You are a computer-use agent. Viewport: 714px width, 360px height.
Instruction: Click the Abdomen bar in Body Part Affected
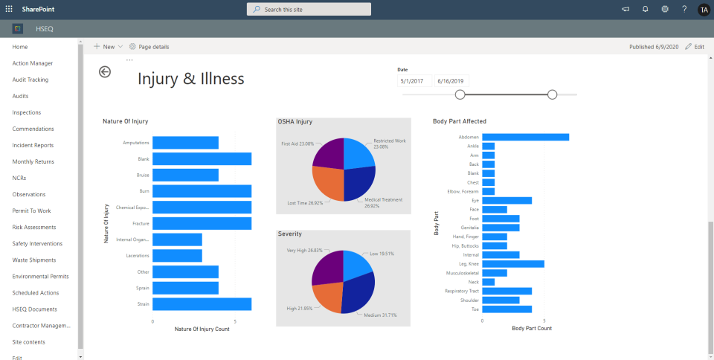point(525,137)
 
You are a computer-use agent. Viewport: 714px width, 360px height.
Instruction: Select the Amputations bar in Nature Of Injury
point(185,143)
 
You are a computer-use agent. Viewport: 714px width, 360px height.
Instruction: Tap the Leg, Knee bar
point(512,263)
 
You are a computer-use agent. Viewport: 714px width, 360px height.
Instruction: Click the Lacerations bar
point(177,256)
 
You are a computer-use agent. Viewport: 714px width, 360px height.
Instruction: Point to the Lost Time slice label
point(305,202)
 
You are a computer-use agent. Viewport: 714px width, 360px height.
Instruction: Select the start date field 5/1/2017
point(414,81)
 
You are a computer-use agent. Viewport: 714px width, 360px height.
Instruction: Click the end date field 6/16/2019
point(451,81)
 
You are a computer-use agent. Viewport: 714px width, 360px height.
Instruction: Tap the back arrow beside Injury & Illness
point(105,71)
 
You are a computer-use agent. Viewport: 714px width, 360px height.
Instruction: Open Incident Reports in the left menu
point(33,145)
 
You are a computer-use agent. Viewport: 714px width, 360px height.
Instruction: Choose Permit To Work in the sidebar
point(31,210)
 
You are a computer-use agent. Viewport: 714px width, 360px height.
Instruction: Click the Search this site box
point(309,9)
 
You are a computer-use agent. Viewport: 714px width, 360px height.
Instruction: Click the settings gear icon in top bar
point(665,9)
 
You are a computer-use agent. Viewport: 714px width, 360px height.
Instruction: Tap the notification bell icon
point(645,9)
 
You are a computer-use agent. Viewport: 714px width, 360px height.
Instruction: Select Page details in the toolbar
point(149,46)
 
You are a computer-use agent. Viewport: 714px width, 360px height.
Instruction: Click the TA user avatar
point(704,9)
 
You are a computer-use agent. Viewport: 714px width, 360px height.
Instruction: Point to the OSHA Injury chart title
point(295,121)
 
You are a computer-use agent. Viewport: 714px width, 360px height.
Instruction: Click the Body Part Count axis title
point(532,328)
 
